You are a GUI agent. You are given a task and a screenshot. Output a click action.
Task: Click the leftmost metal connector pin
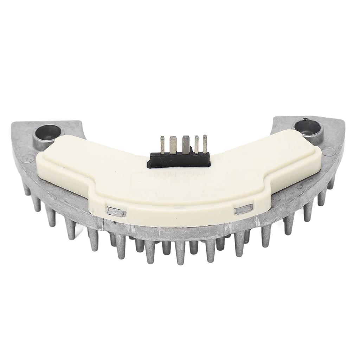point(163,144)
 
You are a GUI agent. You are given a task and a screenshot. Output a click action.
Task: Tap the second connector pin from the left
point(173,144)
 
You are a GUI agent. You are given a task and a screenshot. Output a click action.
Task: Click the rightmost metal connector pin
point(205,143)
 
